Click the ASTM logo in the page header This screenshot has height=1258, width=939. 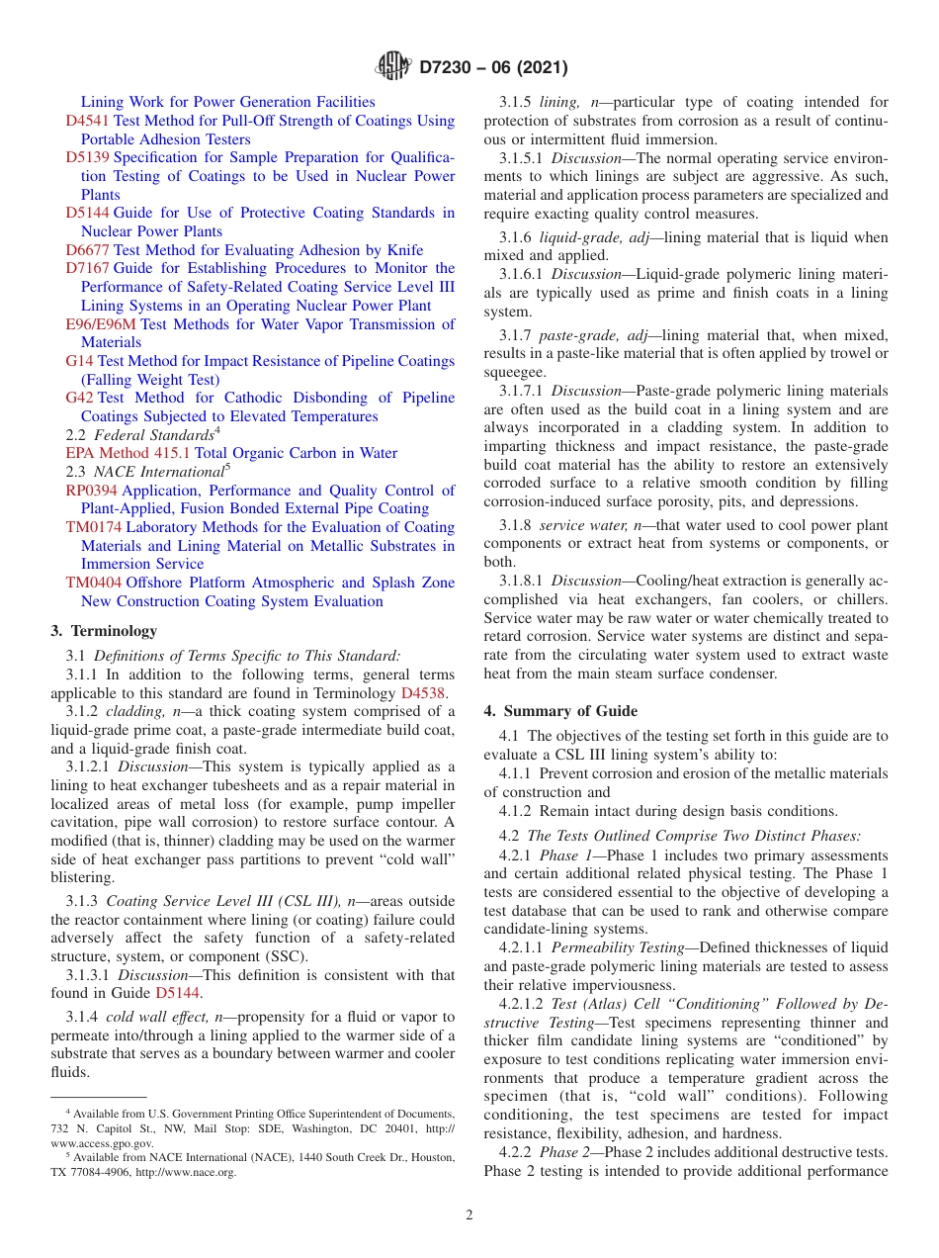[x=394, y=68]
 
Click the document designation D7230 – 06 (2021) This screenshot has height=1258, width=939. [x=493, y=68]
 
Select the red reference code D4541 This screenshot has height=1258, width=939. [x=87, y=121]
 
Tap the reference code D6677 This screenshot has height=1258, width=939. [x=87, y=250]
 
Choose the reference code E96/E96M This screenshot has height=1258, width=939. [x=101, y=324]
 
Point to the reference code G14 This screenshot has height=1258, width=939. [x=79, y=361]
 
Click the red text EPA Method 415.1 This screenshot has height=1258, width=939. [x=128, y=453]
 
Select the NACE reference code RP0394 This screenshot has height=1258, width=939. [x=92, y=491]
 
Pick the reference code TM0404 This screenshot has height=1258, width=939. [x=94, y=583]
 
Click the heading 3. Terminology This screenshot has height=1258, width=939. [x=103, y=631]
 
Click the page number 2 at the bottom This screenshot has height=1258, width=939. [x=469, y=1214]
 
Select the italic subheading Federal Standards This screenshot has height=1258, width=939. [x=153, y=435]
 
